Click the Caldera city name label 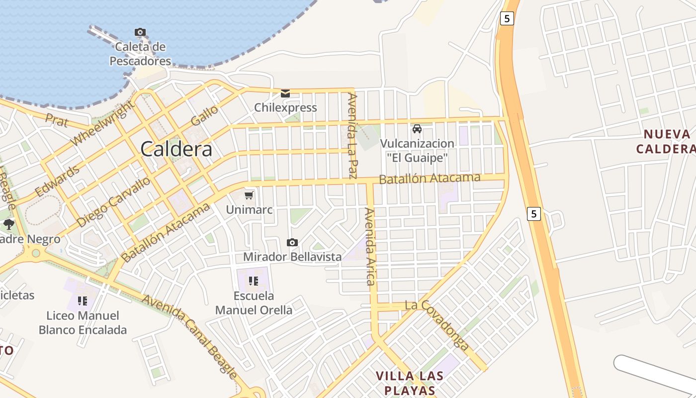click(176, 149)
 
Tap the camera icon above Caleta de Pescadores click(140, 32)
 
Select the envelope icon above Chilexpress click(285, 94)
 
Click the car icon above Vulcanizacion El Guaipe click(417, 129)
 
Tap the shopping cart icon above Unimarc click(249, 195)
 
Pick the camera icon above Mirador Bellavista click(292, 242)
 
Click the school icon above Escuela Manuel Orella click(254, 281)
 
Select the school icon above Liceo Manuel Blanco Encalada click(83, 300)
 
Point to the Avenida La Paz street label click(352, 135)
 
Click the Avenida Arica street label click(369, 247)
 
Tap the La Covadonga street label click(437, 325)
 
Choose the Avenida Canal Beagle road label click(190, 336)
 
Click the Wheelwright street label click(102, 123)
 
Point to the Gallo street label click(204, 115)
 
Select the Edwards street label click(57, 181)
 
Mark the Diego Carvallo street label click(114, 201)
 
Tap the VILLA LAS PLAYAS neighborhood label click(406, 383)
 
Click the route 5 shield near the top click(506, 18)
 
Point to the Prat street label click(56, 119)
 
